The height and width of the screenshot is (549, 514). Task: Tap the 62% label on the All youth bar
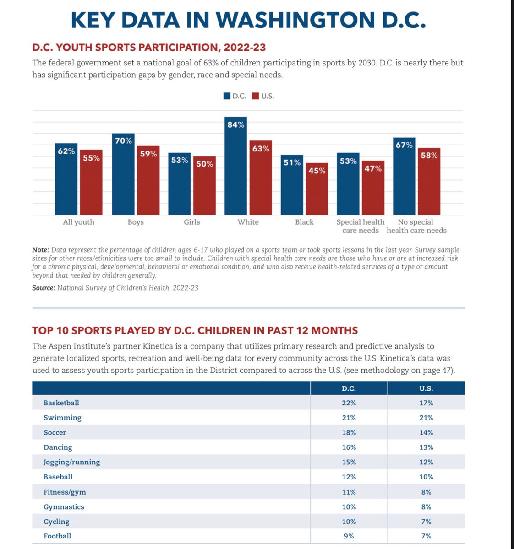click(66, 151)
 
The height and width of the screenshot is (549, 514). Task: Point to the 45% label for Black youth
click(317, 171)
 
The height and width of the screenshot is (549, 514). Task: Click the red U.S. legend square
click(256, 96)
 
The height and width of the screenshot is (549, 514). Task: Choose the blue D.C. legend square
click(227, 96)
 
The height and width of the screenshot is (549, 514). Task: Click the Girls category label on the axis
click(192, 222)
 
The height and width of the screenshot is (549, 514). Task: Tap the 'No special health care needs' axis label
click(416, 226)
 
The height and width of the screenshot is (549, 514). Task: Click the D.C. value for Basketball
click(349, 403)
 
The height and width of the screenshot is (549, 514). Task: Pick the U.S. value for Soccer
click(426, 432)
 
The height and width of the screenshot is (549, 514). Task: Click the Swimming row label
click(62, 418)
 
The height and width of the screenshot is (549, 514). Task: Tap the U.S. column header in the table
click(426, 388)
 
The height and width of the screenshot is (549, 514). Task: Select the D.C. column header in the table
click(349, 388)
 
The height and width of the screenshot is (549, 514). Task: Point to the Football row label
click(57, 536)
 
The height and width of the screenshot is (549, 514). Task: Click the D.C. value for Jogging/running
click(349, 462)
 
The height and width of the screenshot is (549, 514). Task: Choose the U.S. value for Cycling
click(426, 522)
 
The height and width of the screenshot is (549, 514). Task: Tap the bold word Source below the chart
click(43, 288)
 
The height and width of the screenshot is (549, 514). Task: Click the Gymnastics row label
click(64, 507)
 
